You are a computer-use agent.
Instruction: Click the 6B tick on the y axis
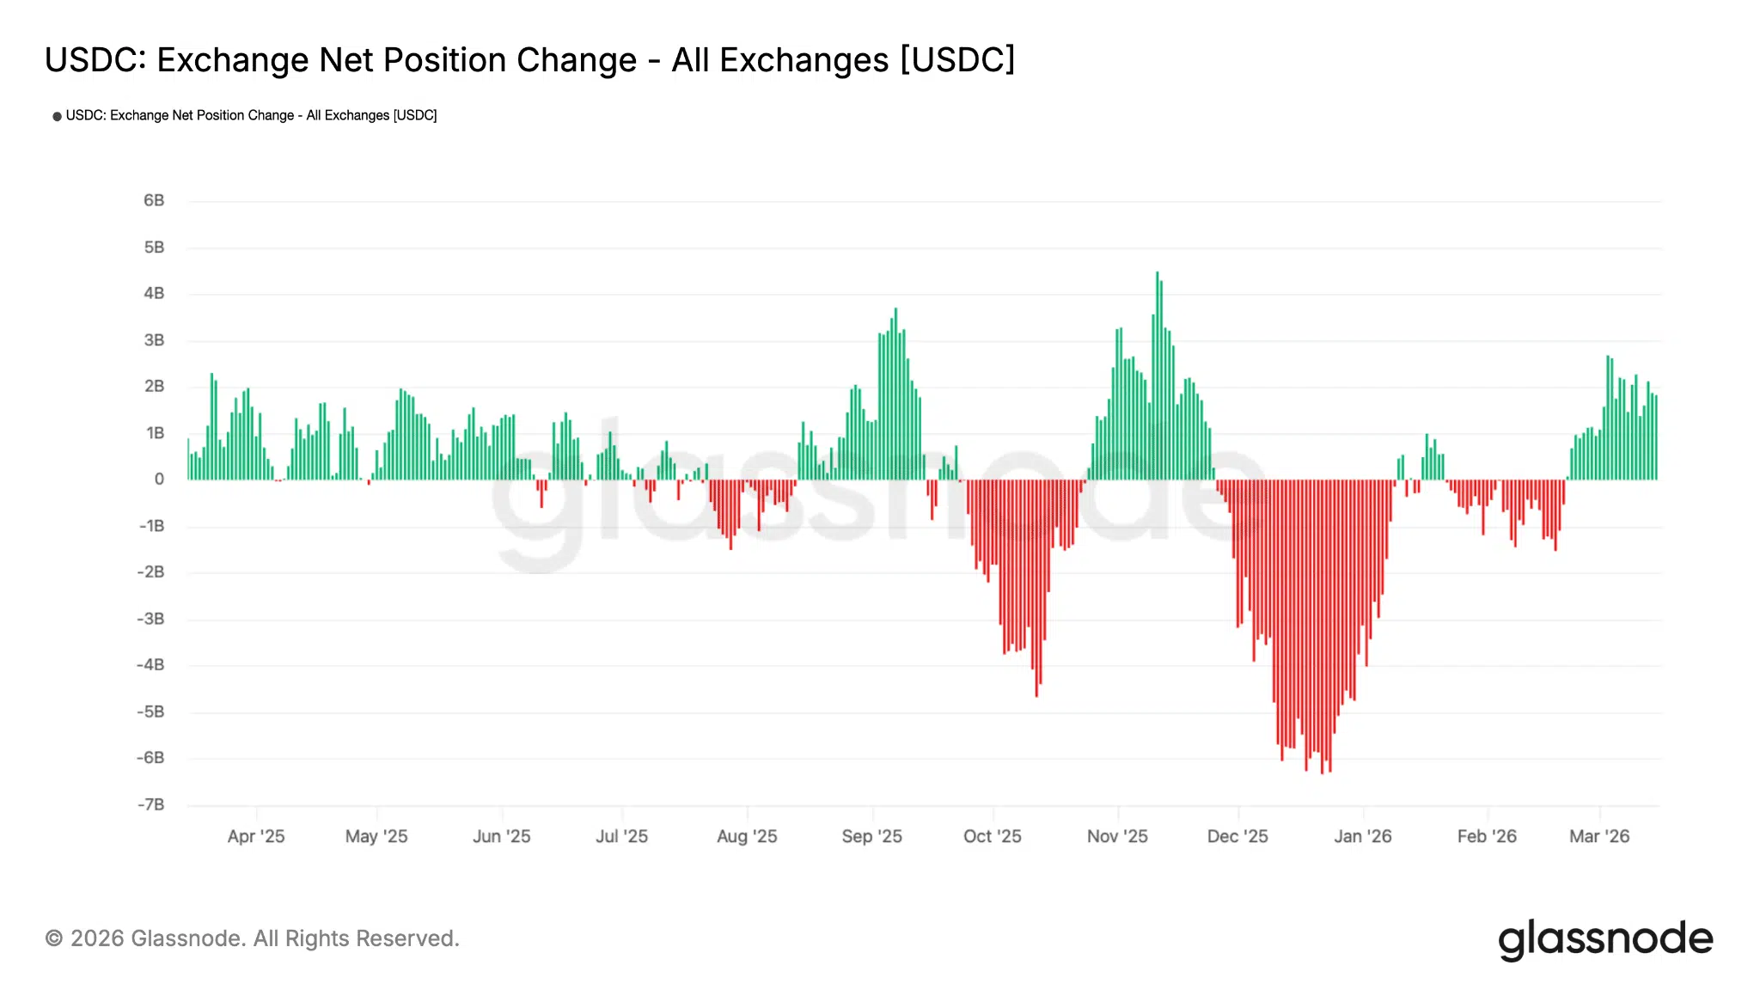click(154, 200)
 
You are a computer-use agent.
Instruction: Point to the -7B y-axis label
click(151, 804)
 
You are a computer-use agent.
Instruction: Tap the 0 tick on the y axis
click(159, 479)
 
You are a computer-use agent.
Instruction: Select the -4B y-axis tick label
click(151, 664)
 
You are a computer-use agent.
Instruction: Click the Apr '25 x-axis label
click(255, 836)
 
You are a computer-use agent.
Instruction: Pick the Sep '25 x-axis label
click(871, 836)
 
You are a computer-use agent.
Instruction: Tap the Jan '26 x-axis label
click(1362, 836)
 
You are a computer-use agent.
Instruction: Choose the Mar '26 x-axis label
click(1598, 836)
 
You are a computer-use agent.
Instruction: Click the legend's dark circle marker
click(57, 116)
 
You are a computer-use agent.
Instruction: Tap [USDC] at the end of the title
click(957, 60)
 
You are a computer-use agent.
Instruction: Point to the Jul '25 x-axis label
click(621, 836)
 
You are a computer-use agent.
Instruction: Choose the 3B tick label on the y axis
click(154, 339)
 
